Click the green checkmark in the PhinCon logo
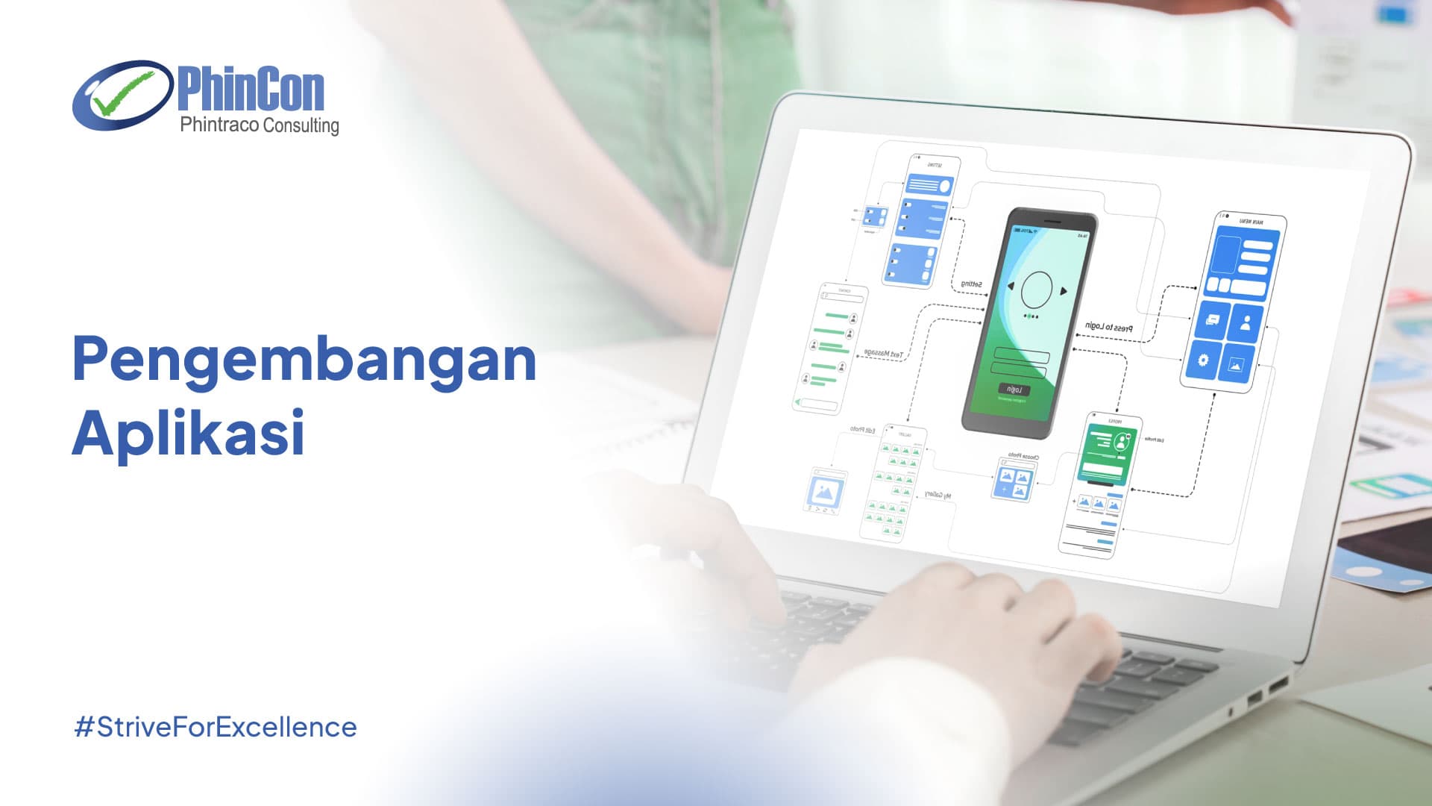coord(123,95)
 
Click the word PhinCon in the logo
coord(251,89)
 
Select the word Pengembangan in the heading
coord(304,360)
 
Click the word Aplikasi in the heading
coord(188,433)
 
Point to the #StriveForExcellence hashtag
coord(216,727)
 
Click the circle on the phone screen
coord(1036,290)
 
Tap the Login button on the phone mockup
coord(1014,389)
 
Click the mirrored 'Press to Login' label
coord(1108,327)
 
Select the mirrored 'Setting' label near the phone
coord(971,284)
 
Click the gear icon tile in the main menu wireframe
coord(1203,360)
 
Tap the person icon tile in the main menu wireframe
coord(1246,323)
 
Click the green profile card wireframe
coord(1107,452)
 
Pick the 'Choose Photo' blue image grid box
coord(1014,481)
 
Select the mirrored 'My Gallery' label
coord(938,495)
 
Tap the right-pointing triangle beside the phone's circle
coord(1064,291)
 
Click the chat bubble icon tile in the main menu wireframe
coord(1212,320)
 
